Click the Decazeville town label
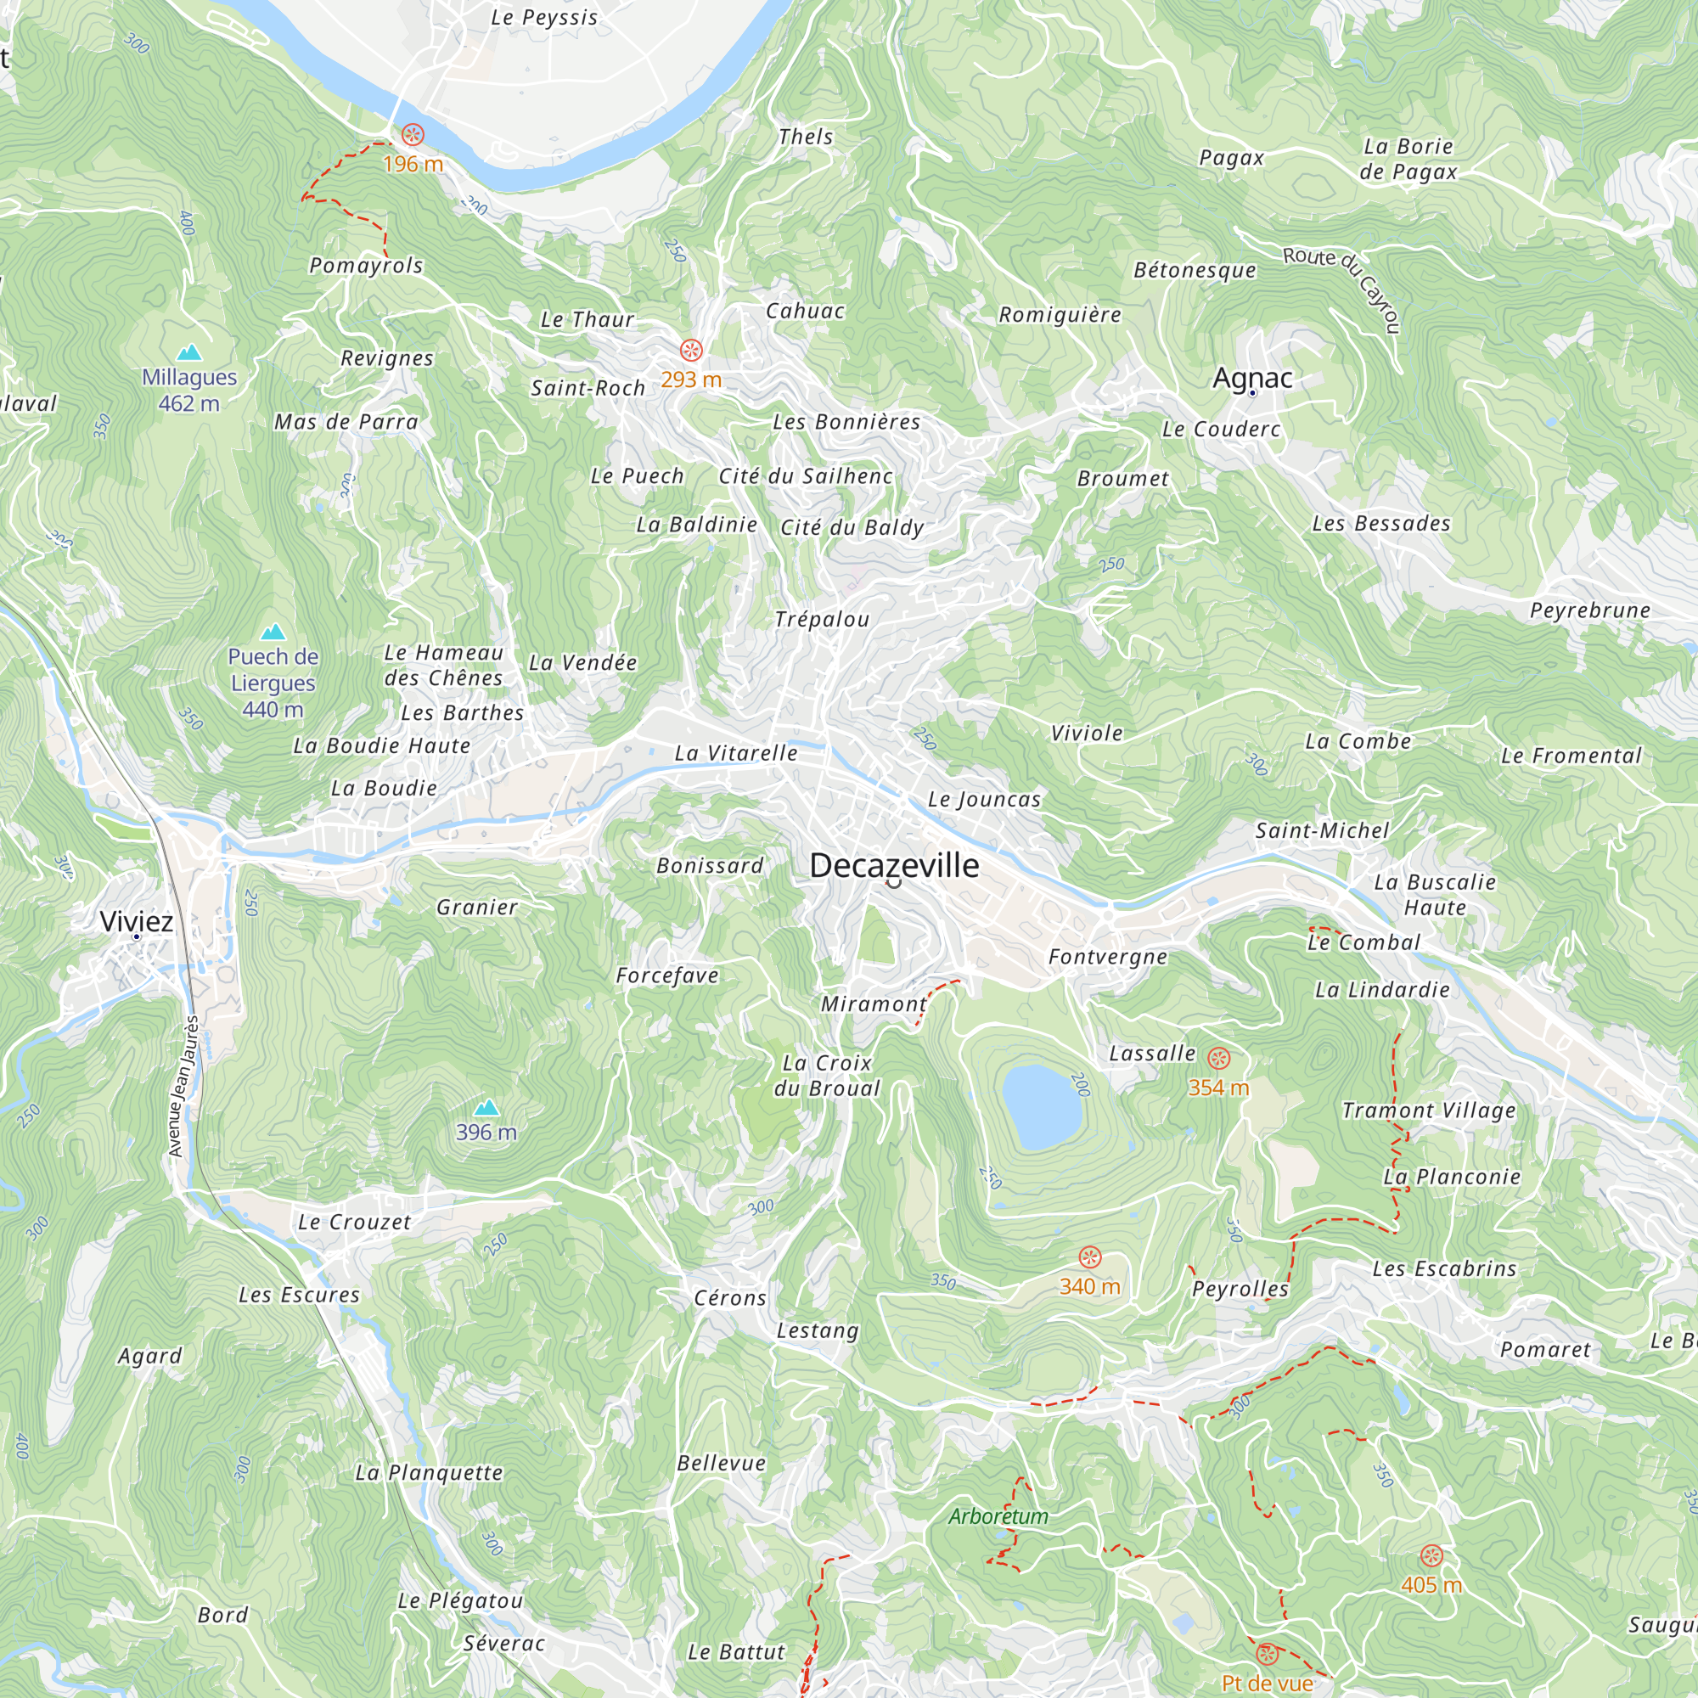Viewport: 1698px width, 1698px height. click(894, 866)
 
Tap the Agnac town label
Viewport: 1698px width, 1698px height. click(1251, 378)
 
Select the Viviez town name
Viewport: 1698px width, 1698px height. click(136, 921)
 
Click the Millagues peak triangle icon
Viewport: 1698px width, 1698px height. click(189, 353)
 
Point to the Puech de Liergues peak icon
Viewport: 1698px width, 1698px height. click(273, 632)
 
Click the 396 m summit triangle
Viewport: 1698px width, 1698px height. click(486, 1107)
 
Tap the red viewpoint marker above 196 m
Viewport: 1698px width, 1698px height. click(413, 134)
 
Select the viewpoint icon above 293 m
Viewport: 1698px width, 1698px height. click(692, 350)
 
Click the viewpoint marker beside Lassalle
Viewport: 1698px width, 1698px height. click(1218, 1057)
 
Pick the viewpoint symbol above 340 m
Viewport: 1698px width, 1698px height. click(1090, 1257)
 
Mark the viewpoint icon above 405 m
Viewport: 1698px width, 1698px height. click(1431, 1555)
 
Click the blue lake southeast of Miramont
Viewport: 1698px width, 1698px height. click(1042, 1106)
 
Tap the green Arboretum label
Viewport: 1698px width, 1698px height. click(998, 1516)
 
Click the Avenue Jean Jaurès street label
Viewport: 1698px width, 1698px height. click(183, 1087)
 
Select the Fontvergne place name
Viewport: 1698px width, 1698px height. click(1107, 956)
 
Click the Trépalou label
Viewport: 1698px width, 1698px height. click(822, 619)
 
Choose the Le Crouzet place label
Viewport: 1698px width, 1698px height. click(354, 1222)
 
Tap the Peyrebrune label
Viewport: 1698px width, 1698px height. click(1589, 610)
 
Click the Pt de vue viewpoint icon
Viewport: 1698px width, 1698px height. click(1267, 1654)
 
